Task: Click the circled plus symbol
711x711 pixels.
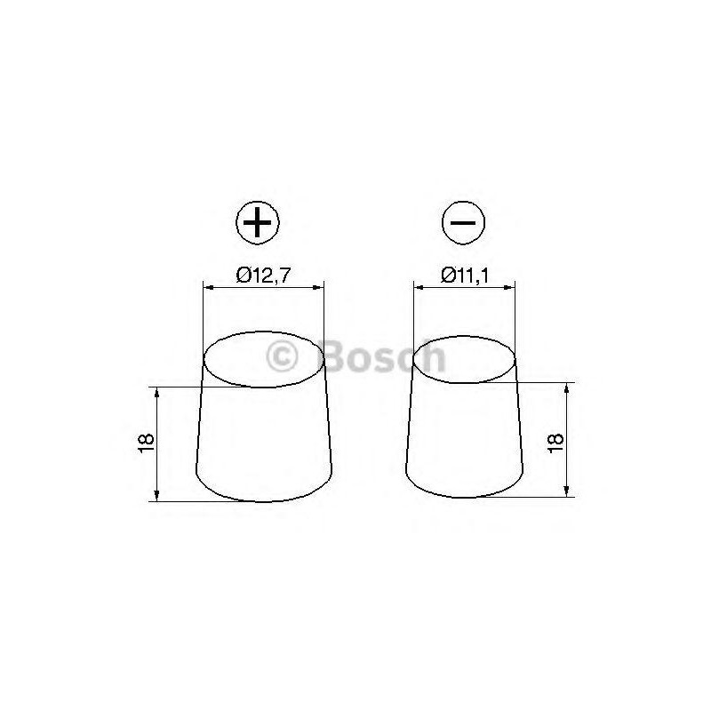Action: point(258,223)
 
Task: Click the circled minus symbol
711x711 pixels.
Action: point(463,223)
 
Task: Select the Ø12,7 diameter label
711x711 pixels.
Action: point(262,276)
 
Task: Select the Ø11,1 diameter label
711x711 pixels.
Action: point(464,276)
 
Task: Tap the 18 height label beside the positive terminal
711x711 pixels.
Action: point(146,443)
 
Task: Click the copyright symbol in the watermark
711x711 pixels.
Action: point(282,357)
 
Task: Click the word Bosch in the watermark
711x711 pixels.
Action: point(385,356)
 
